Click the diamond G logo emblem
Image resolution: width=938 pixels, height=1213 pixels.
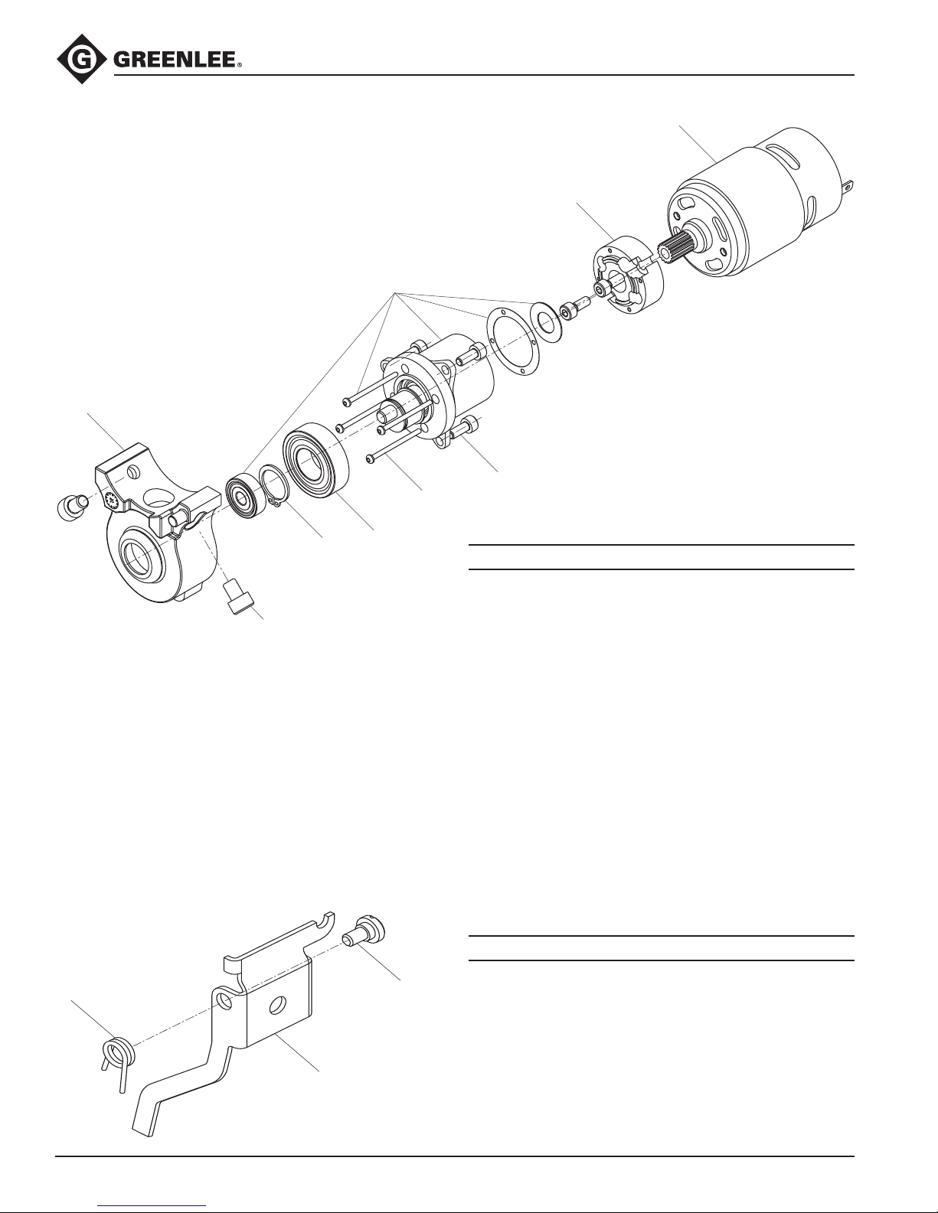pos(81,59)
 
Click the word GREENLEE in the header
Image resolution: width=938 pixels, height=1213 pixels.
pos(175,60)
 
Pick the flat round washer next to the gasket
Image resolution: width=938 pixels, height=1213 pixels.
pos(546,322)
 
